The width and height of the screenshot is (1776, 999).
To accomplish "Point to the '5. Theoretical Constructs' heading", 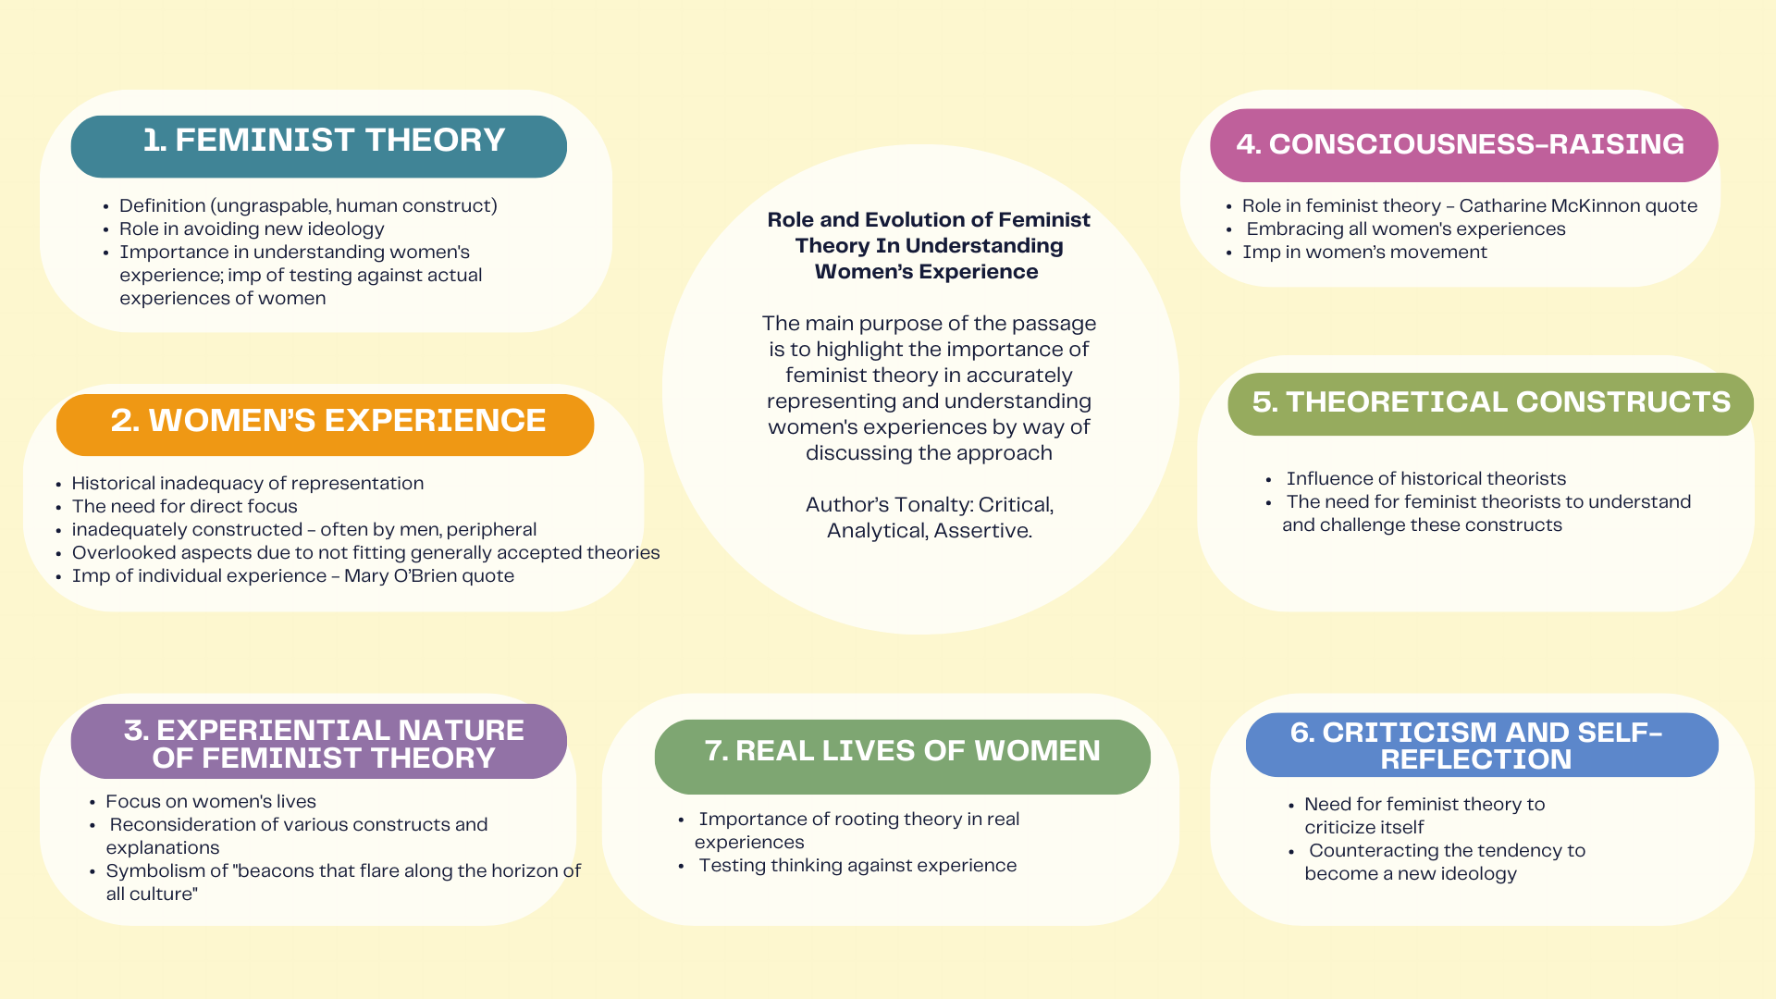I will point(1490,403).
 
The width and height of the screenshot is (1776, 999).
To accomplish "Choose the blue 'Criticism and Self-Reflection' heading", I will point(1481,745).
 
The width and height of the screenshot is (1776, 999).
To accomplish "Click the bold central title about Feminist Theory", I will point(929,245).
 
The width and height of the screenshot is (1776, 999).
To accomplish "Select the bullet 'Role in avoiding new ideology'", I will point(252,228).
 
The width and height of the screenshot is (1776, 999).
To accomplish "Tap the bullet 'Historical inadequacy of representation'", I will point(248,483).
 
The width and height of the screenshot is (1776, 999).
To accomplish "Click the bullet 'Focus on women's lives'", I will point(211,801).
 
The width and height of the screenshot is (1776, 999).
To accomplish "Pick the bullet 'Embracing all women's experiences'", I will point(1405,228).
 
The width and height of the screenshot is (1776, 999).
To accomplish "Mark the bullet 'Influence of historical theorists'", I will point(1425,478).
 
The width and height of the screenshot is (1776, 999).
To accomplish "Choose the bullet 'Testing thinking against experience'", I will point(857,865).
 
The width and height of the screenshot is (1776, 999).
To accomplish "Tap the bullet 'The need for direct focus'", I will point(185,506).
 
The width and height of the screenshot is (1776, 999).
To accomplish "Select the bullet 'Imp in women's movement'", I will point(1364,252).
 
